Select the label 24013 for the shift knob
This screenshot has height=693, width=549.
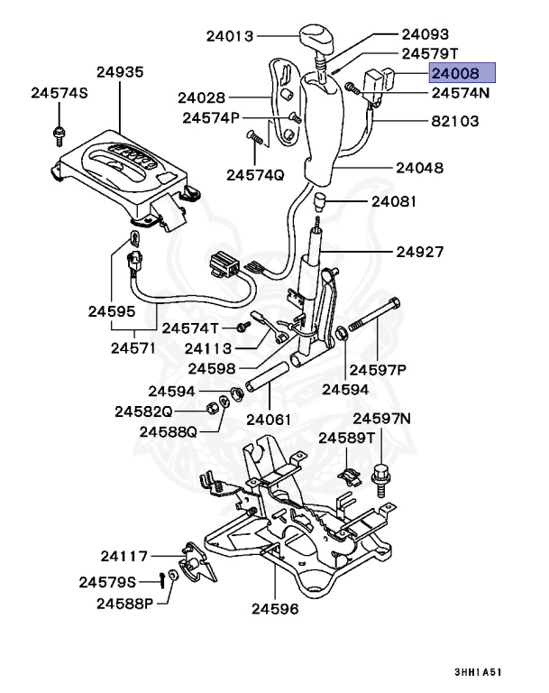[x=230, y=37]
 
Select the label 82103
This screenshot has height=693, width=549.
[x=454, y=121]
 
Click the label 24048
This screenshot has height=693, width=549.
[x=421, y=167]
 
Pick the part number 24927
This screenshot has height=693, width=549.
[x=421, y=251]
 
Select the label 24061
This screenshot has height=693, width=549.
[x=268, y=419]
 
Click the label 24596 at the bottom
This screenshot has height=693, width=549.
[x=275, y=608]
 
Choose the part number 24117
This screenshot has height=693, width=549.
[x=124, y=556]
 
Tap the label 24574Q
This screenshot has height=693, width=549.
[x=255, y=174]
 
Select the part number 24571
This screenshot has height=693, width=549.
[x=134, y=347]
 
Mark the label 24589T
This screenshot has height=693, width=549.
[x=346, y=438]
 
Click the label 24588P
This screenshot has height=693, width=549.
[x=127, y=603]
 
